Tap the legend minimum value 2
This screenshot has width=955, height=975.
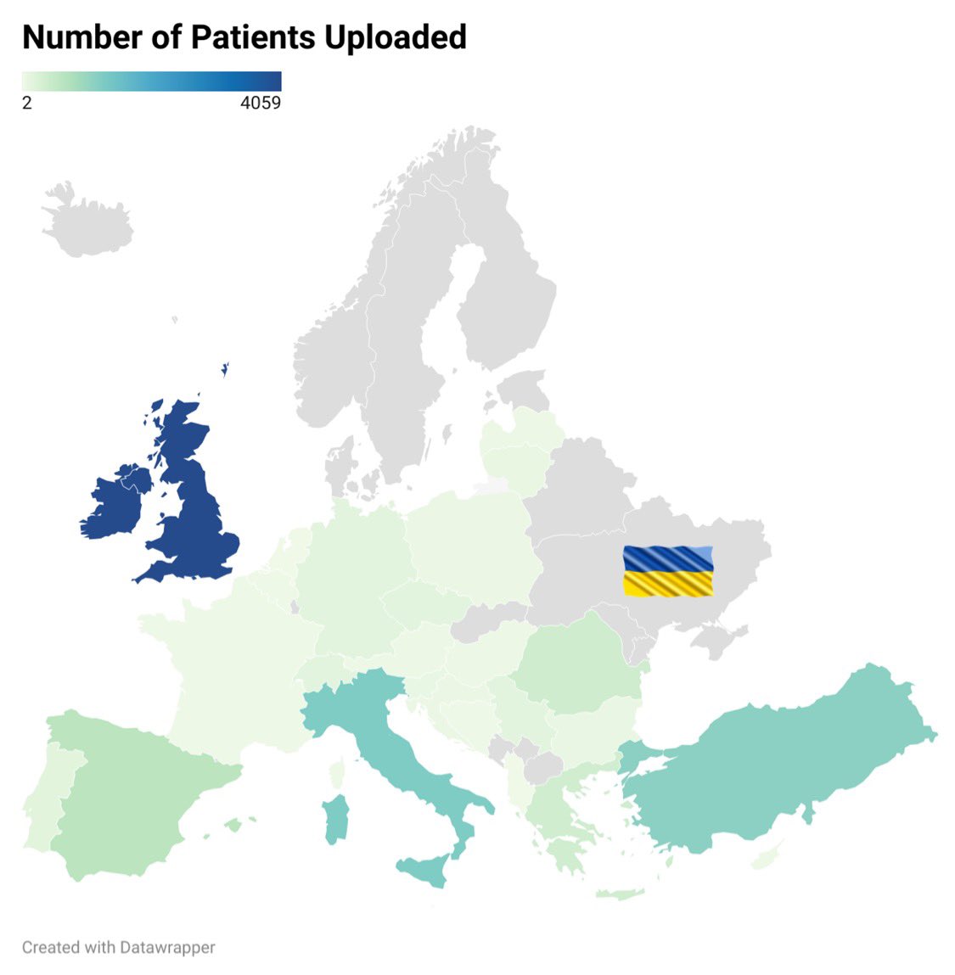coord(27,104)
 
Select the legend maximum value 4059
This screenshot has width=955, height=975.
coord(261,104)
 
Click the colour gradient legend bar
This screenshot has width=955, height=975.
coord(151,81)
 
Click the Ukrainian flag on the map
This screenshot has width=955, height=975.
coord(668,571)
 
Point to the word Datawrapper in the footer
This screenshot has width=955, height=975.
coord(167,947)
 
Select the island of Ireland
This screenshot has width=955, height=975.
coord(117,505)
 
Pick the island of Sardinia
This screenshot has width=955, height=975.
coord(336,818)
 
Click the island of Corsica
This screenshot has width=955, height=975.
coord(337,772)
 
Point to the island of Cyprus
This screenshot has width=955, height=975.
coord(766,860)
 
